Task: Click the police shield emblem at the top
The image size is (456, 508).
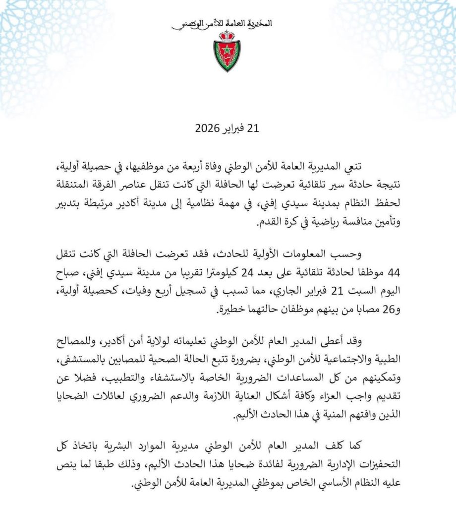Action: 228,57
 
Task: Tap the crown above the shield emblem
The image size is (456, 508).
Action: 228,35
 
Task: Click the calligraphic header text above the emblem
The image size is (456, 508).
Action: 228,23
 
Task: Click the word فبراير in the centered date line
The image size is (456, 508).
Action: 236,129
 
